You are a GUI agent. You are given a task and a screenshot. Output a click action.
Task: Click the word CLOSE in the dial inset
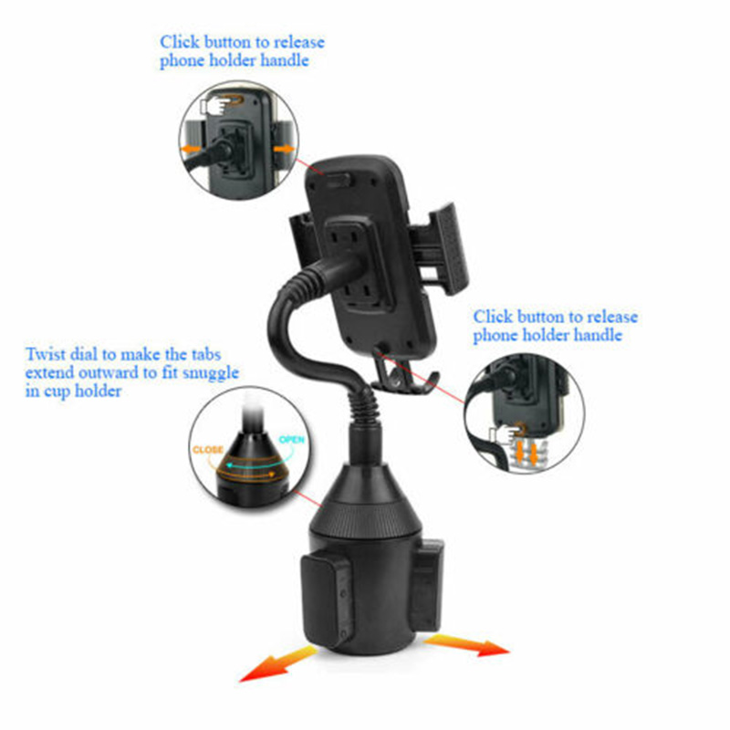click(207, 450)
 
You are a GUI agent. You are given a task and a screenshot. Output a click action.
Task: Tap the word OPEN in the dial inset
click(291, 439)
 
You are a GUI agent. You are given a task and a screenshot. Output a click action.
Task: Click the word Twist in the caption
click(45, 354)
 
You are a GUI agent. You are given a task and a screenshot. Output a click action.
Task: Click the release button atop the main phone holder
click(338, 180)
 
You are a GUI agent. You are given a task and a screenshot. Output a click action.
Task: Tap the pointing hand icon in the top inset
click(215, 105)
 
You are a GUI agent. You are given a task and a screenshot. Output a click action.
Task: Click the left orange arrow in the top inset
click(192, 149)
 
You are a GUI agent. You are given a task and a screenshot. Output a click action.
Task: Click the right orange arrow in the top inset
click(284, 149)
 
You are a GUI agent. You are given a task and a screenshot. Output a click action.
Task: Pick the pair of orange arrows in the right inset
click(527, 452)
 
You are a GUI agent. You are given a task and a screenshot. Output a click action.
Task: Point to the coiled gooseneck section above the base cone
click(363, 409)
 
